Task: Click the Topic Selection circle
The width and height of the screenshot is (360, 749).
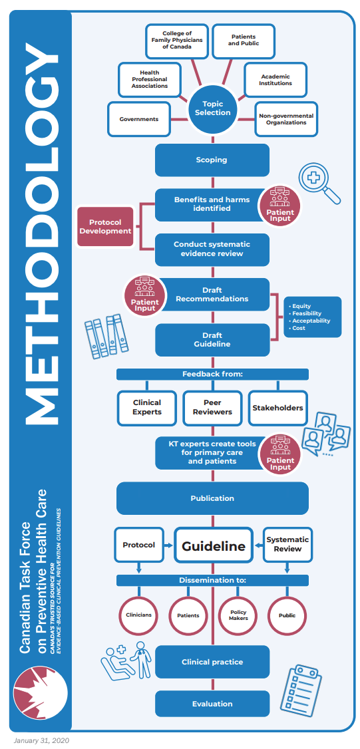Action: pos(212,108)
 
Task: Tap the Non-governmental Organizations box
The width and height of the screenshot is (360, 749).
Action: pos(285,119)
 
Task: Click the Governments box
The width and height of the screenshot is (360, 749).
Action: pos(139,119)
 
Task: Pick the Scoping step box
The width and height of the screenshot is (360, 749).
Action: pos(212,160)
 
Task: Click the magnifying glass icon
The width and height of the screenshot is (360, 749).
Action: pos(319,183)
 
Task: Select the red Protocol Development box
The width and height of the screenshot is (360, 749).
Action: pos(110,227)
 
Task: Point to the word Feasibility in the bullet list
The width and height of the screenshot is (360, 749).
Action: pos(307,313)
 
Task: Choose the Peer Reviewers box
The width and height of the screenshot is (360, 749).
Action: pos(212,407)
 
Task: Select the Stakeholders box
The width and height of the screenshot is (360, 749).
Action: pos(277,407)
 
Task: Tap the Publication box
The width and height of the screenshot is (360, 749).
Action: pos(212,498)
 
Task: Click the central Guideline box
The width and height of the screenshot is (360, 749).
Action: pos(214,546)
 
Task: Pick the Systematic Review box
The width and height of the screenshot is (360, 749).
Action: pos(287,544)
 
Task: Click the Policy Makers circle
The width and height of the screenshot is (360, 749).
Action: pos(238,615)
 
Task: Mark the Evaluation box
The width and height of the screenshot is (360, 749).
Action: pos(212,703)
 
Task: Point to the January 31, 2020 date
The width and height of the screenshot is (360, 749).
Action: pos(41,740)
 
